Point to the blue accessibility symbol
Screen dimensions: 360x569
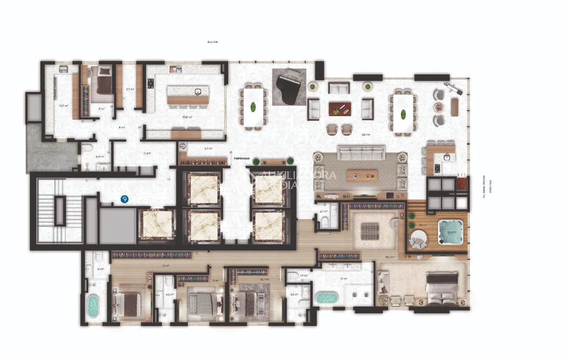[x=124, y=200]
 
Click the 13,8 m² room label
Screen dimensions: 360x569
[x=63, y=106]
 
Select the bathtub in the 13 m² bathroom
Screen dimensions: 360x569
[x=325, y=298]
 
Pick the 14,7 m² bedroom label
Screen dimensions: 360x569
[x=264, y=280]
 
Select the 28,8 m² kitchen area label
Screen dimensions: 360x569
[x=187, y=117]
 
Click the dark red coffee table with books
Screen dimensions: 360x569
[x=341, y=109]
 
